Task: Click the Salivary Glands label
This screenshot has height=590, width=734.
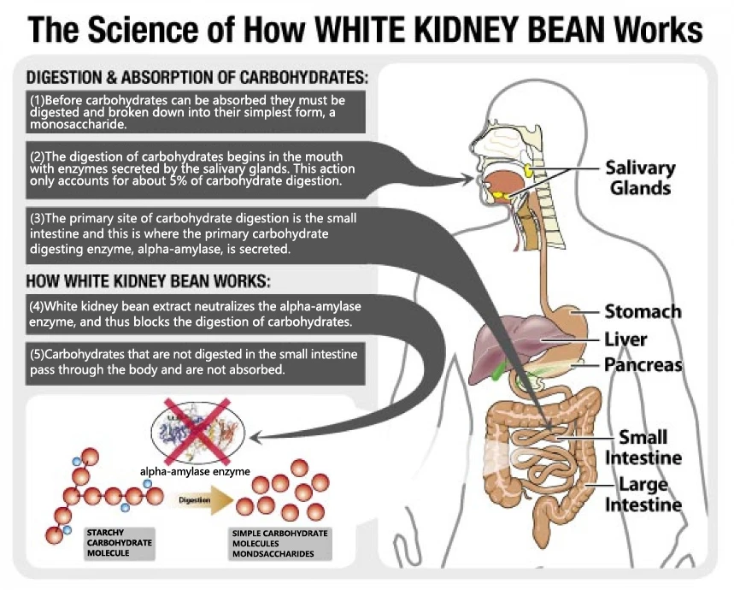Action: [640, 178]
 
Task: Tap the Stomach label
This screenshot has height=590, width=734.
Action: [643, 311]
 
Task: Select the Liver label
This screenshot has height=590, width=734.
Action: [625, 339]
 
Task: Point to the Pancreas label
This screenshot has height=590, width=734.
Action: [643, 365]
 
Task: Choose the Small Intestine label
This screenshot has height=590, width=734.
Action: [643, 448]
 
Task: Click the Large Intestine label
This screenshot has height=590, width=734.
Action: [643, 494]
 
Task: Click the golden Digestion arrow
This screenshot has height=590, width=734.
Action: [205, 500]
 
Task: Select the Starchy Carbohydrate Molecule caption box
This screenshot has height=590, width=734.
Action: [120, 543]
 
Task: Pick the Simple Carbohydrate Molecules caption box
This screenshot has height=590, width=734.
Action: [280, 544]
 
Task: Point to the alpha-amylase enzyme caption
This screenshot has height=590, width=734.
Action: [195, 471]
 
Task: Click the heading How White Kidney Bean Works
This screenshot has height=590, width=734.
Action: [148, 281]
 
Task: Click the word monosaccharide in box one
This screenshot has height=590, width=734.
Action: [78, 125]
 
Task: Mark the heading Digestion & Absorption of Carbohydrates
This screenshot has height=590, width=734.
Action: [197, 78]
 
